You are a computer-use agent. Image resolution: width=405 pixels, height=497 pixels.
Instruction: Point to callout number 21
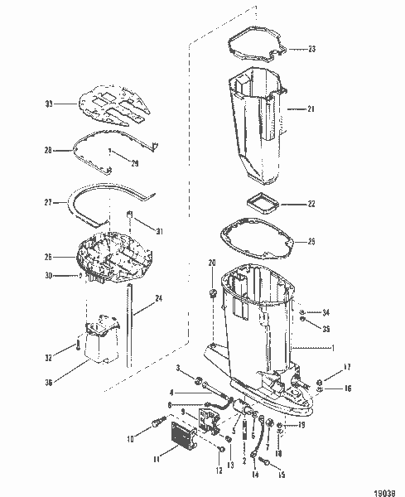(311, 109)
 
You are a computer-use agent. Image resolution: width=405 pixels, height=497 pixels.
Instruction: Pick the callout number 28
(48, 150)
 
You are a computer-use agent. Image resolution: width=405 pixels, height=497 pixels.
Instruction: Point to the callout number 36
(48, 382)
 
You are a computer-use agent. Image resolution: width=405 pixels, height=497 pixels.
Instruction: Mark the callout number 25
(311, 242)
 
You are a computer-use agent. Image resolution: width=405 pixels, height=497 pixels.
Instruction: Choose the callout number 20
(210, 263)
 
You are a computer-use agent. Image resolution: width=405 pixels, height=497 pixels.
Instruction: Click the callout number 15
(281, 475)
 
